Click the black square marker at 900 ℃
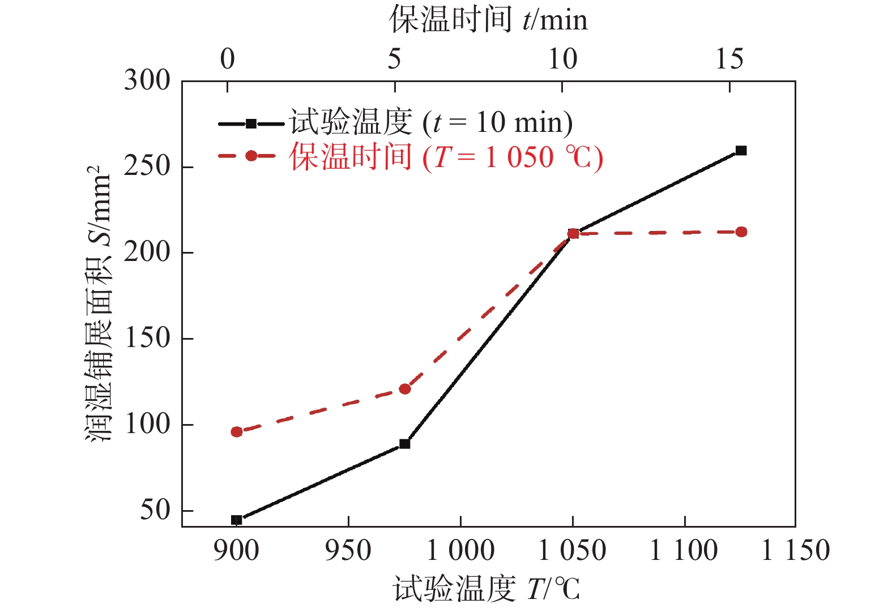coord(237,520)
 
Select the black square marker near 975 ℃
coord(404,444)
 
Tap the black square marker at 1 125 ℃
coord(741,151)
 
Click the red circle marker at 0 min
coord(237,432)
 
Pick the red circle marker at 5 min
coord(404,389)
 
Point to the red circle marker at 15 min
coord(741,232)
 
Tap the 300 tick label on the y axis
coord(147,80)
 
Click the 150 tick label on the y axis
coord(147,339)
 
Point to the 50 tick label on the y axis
coord(155,511)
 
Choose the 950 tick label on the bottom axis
coord(348,551)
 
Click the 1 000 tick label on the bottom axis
coord(460,551)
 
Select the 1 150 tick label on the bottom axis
coord(795,551)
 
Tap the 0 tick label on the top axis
coord(228,59)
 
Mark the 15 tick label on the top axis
coord(729,59)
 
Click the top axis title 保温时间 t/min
coord(488,20)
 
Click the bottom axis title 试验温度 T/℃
coord(487,589)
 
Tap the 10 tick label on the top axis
coord(562,59)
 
